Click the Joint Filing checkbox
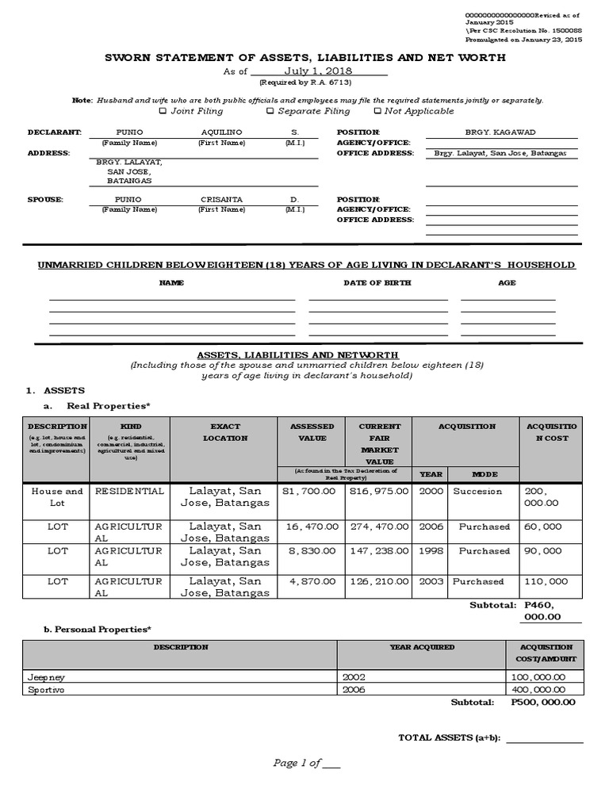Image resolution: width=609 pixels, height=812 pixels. tap(163, 111)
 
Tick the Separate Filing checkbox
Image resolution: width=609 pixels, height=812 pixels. tap(270, 111)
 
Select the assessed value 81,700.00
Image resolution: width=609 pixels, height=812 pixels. tap(310, 491)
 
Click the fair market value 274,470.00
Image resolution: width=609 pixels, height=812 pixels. tap(377, 526)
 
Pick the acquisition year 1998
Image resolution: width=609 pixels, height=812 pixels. tap(430, 551)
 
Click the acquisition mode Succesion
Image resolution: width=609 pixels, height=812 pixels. tap(477, 491)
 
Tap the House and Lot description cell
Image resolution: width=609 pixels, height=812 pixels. tap(57, 496)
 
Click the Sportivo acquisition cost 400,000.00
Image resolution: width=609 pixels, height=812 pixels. tap(538, 690)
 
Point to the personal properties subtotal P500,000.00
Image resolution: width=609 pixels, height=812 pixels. tap(543, 703)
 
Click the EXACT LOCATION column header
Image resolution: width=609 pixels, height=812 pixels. tap(224, 432)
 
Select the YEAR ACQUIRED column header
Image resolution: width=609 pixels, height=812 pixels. tap(422, 647)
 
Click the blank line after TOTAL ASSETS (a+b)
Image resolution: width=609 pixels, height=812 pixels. tap(544, 739)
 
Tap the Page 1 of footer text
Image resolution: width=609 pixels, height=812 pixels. tap(307, 763)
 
